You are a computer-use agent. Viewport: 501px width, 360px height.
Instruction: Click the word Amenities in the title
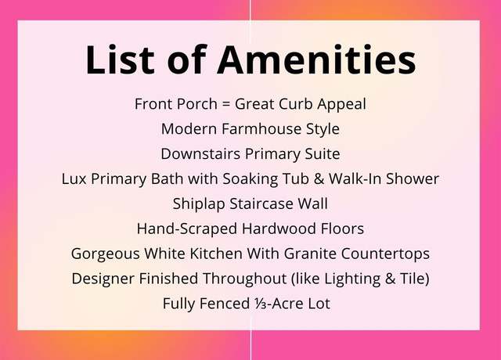click(316, 59)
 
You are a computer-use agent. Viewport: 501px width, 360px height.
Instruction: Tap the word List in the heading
click(120, 59)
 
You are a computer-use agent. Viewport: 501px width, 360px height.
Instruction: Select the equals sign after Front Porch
click(226, 104)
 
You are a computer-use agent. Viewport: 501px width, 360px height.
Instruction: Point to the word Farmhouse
click(261, 128)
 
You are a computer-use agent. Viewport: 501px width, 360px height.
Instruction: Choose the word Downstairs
click(200, 153)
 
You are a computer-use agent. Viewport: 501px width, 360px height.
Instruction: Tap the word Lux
click(74, 178)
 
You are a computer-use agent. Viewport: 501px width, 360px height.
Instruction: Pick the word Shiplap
click(199, 204)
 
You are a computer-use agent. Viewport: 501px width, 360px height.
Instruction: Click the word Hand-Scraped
click(187, 229)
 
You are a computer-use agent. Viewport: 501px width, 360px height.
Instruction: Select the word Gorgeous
click(106, 254)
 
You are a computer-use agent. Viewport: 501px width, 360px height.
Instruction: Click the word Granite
click(310, 254)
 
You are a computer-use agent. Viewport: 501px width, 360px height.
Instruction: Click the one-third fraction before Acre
click(258, 304)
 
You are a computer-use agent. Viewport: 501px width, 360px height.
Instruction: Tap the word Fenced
click(225, 304)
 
